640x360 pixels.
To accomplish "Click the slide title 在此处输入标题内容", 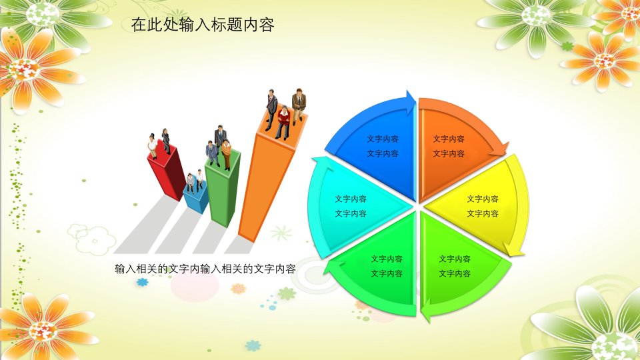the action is coord(203,25).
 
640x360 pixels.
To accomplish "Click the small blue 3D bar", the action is coord(196,199).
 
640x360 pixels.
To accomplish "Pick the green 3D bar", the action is coord(223,189).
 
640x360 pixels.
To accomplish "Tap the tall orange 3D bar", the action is coord(269,179).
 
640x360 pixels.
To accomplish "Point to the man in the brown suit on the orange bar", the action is coord(299,106).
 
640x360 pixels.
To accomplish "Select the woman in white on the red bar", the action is coord(152,146).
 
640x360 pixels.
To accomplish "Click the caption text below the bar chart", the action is coord(205,269).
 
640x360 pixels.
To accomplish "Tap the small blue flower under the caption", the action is coord(142,281).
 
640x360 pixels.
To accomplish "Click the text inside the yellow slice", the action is coord(483,206).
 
